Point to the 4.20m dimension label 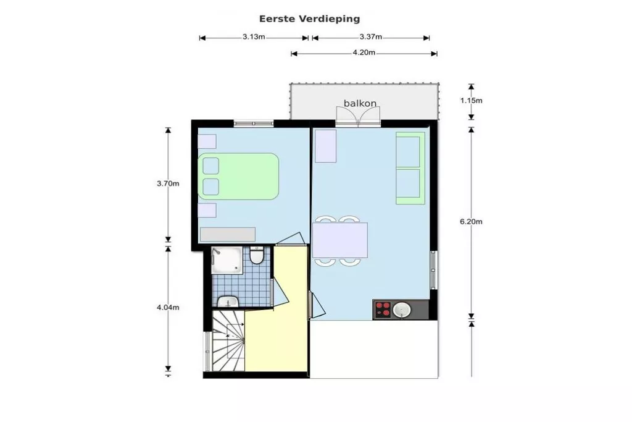[x=364, y=53]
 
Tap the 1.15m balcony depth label [x=471, y=100]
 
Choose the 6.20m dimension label [x=472, y=222]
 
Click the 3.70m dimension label [x=168, y=184]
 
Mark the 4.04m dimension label [x=168, y=307]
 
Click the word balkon [x=360, y=103]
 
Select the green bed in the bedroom [x=238, y=176]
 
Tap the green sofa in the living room [x=410, y=167]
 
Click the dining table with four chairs [x=340, y=240]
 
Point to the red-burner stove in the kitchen [x=383, y=309]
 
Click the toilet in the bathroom [x=257, y=255]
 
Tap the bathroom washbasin [x=228, y=302]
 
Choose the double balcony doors [x=359, y=116]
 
